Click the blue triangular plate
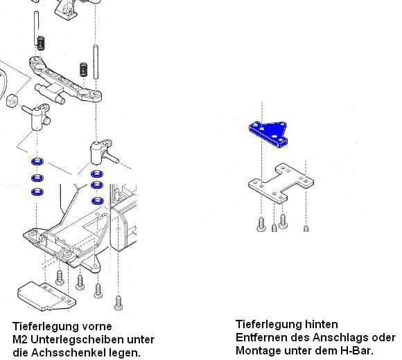point(269,132)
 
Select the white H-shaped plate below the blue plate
point(281,183)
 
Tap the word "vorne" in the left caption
point(97,327)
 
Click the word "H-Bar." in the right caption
point(357,350)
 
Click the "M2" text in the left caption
point(20,340)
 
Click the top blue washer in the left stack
point(37,162)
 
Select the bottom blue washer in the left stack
point(37,192)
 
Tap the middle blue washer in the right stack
point(97,185)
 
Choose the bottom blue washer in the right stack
point(98,201)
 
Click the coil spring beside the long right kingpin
point(83,69)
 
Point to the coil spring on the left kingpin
point(41,43)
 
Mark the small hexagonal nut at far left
point(12,101)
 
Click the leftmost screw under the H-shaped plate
point(261,224)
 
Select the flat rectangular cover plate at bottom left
point(46,296)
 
